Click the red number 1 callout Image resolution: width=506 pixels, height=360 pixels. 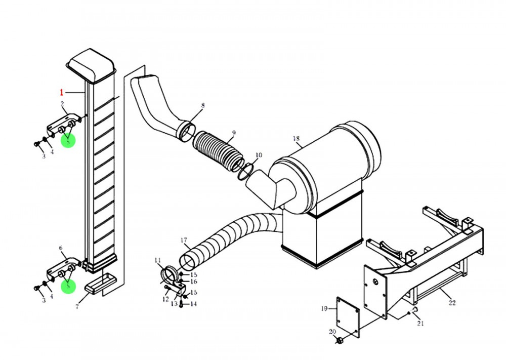point(62,93)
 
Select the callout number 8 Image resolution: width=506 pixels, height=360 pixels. point(202,106)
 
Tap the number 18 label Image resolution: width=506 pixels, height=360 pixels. point(297,138)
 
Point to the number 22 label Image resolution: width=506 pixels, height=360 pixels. point(452,303)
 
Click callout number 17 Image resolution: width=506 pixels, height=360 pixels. point(184,240)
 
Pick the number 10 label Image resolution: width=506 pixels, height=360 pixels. point(259,155)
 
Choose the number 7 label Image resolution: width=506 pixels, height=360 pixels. point(77,307)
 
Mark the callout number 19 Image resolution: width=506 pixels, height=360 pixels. point(324,307)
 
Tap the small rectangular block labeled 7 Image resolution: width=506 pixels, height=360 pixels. point(99,285)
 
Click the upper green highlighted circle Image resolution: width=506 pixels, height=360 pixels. point(67,140)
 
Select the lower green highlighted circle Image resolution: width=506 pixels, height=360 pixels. point(67,286)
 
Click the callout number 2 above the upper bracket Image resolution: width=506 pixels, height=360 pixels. point(62,104)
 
